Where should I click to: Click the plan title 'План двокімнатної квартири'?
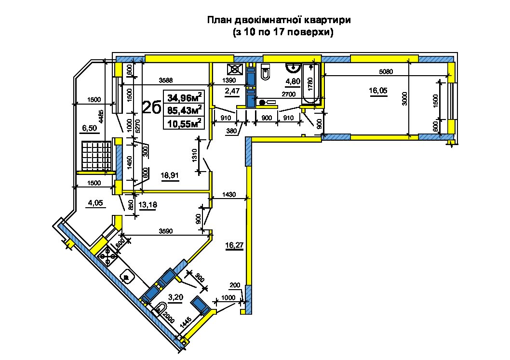[279, 21]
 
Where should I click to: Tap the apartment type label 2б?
[151, 107]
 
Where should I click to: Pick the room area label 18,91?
[170, 175]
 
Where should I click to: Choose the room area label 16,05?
[378, 91]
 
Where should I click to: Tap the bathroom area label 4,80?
[293, 81]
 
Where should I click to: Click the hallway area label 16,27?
[234, 245]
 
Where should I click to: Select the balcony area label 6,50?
[90, 128]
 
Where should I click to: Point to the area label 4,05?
[95, 203]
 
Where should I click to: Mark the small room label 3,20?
[175, 297]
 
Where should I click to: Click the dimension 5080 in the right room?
[386, 71]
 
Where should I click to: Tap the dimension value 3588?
[165, 80]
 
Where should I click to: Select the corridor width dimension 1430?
[229, 195]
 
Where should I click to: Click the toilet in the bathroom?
[266, 71]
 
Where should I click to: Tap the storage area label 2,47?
[232, 91]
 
